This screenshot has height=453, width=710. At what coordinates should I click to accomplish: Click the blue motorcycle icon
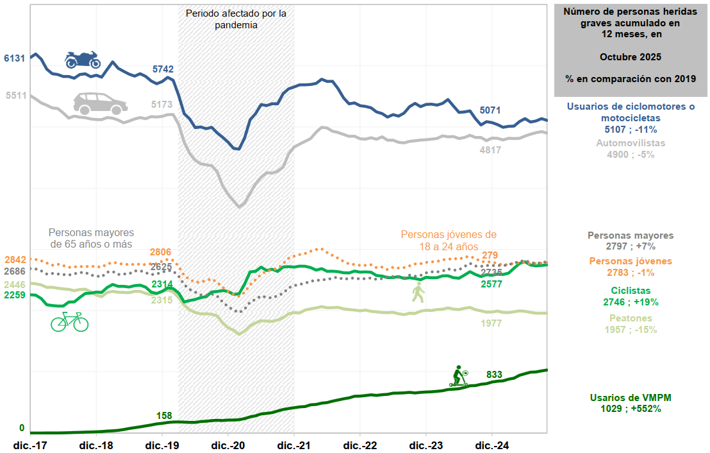tap(83, 60)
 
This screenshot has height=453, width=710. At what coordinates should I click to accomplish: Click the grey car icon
tap(100, 103)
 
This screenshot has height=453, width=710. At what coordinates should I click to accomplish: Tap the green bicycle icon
tap(69, 321)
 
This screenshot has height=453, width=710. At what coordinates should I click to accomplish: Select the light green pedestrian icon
tap(418, 292)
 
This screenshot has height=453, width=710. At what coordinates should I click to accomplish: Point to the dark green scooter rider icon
tap(459, 376)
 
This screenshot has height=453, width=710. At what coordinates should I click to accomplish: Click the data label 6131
tap(14, 58)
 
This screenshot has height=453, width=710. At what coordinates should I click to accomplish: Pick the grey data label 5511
tap(15, 96)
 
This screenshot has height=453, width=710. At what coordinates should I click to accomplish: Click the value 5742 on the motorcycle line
tap(163, 69)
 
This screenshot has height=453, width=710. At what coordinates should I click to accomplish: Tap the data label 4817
tap(490, 150)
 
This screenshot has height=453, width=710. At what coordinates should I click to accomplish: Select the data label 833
tap(494, 375)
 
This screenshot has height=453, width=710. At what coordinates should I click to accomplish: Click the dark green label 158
tap(164, 416)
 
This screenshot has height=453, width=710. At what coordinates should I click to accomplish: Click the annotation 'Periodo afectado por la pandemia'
tap(236, 19)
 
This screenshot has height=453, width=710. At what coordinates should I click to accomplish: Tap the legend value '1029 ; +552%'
tap(631, 408)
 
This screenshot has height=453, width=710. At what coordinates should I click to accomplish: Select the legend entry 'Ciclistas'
tap(631, 291)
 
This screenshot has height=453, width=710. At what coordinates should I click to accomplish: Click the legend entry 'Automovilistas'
tap(631, 143)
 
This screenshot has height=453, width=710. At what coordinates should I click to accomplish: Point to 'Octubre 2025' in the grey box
tap(631, 56)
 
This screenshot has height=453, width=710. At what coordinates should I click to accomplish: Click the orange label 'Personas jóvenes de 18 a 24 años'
tap(449, 240)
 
